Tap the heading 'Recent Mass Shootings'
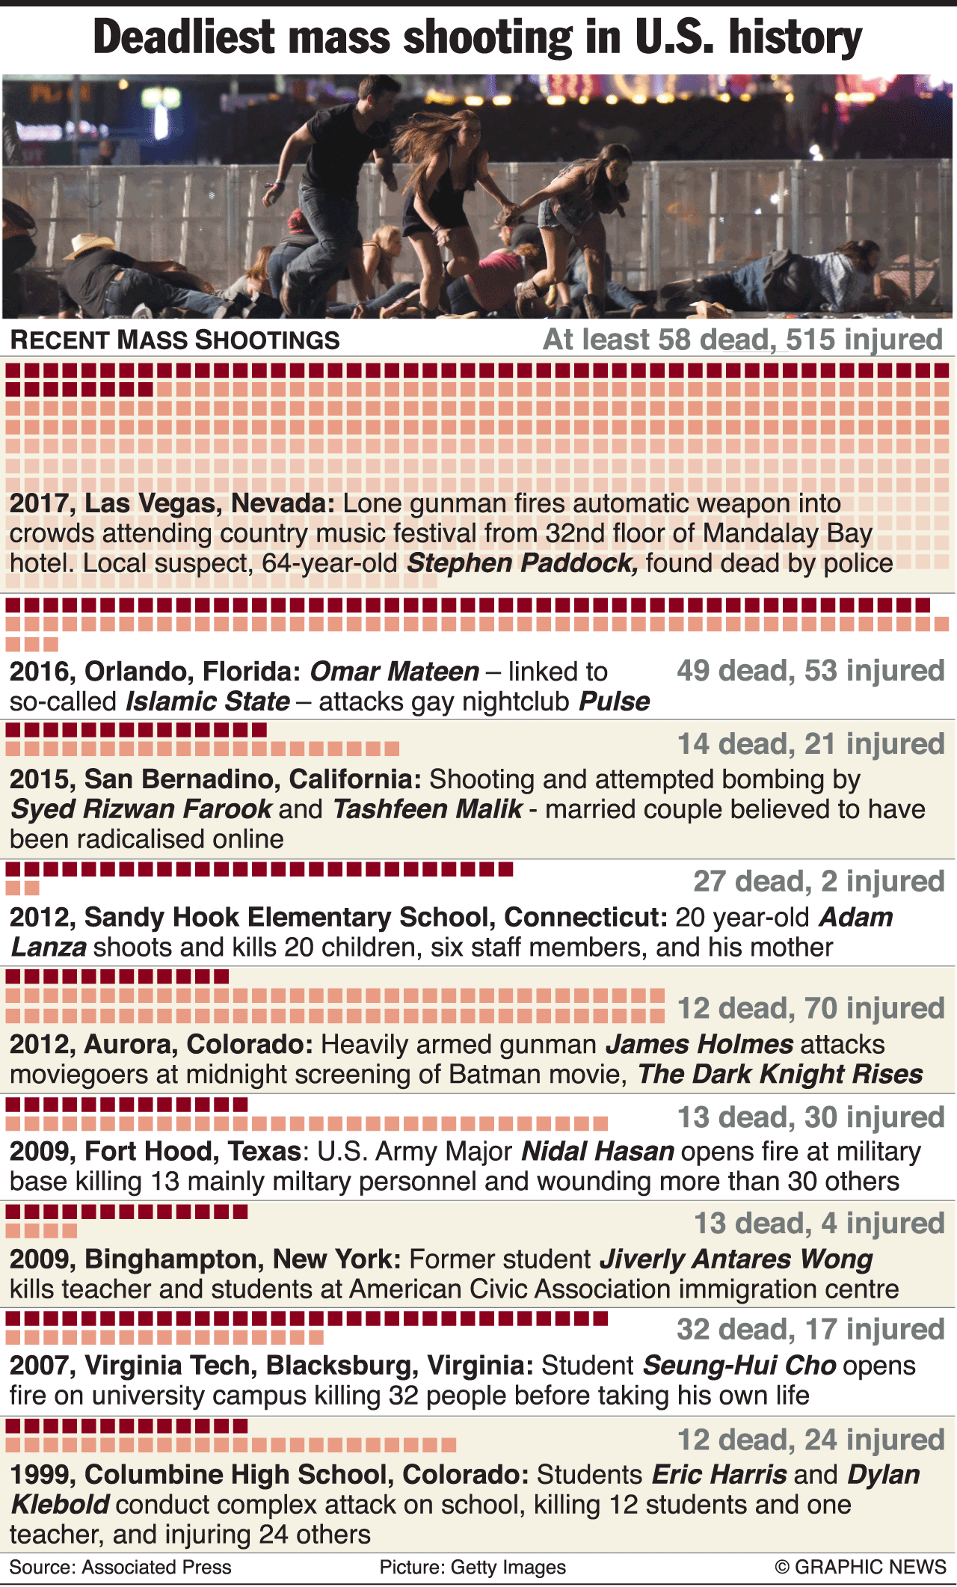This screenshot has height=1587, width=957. point(175,340)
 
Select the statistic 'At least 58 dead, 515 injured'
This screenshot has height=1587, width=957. point(742,340)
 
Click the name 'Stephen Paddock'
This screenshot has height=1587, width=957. point(522,563)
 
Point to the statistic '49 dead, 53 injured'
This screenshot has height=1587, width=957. point(810,671)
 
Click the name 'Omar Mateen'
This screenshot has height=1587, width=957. point(394,672)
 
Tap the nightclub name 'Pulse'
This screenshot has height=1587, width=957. point(615,702)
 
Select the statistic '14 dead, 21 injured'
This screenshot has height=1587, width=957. point(810,744)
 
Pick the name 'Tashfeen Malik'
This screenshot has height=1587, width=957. point(427,809)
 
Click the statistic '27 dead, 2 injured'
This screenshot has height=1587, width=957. point(819,882)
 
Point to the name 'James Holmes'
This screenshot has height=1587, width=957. point(699,1044)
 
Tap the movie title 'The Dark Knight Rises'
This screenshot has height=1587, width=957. point(780,1074)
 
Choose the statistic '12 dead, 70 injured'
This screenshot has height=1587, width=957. point(810,1008)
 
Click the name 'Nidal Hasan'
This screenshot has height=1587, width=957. point(597,1151)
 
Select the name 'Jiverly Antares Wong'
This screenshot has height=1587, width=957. point(736,1259)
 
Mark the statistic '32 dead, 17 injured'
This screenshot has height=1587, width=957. point(810,1329)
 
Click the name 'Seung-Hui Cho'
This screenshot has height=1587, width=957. point(739,1366)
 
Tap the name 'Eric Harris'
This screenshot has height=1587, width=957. point(718,1475)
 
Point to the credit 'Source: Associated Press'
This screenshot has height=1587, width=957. point(120,1567)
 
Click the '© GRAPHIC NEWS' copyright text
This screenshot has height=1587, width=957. point(861,1567)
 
